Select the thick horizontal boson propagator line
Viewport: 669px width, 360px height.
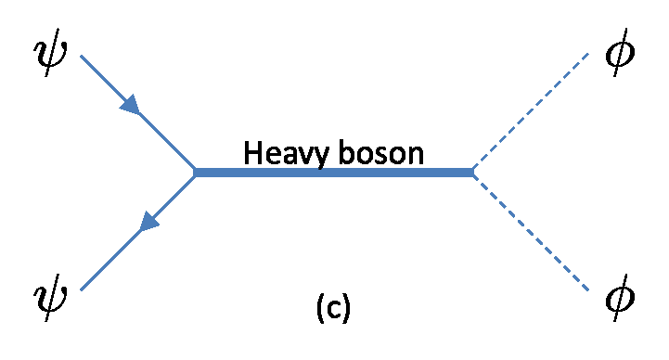click(334, 172)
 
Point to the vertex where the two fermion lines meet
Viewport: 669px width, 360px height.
click(195, 172)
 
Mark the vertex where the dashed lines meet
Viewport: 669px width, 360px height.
click(473, 172)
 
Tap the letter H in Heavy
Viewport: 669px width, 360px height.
click(251, 151)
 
